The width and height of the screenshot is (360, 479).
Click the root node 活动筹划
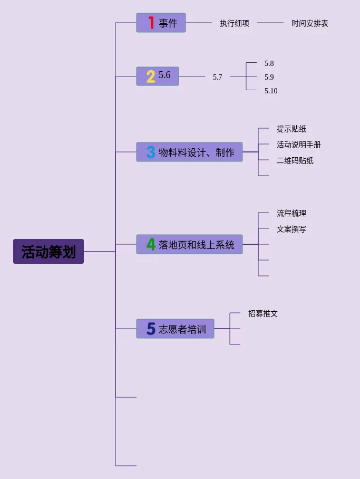coord(48,252)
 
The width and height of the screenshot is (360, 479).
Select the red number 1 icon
coord(151,23)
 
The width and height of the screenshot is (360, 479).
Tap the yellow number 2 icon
coord(151,76)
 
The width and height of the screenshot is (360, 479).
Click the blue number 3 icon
coord(151,152)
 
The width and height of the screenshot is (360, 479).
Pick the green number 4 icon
coord(151,245)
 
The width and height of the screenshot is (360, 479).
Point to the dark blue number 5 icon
coord(151,329)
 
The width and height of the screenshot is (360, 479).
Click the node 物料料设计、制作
coord(197,152)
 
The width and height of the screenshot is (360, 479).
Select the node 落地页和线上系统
coord(197,245)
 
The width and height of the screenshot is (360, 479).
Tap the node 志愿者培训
coord(182,329)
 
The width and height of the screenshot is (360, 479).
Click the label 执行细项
coord(235,23)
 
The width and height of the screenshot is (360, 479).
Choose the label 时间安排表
coord(310,23)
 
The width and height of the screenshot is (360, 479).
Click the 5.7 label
coord(218,77)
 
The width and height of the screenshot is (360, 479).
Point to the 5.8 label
coord(269,63)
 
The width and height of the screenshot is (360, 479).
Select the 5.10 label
coord(271,91)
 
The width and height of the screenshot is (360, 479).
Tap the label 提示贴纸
coord(291,129)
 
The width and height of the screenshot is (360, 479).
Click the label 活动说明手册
coord(299,145)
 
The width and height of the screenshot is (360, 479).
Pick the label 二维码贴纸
coord(295,160)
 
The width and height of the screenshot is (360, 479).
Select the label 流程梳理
coord(291,213)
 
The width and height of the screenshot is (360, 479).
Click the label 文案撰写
coord(291,229)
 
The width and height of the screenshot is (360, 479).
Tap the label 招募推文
coord(263,313)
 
